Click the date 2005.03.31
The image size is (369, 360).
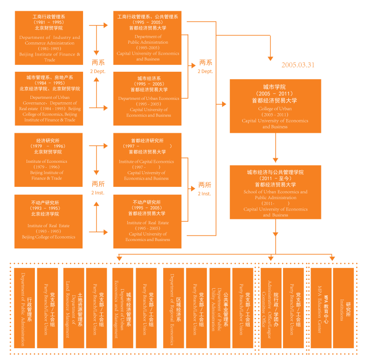[298, 64]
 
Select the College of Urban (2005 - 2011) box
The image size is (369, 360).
[275, 106]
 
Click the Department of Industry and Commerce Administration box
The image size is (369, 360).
[49, 38]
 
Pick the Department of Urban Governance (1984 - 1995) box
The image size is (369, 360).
[49, 98]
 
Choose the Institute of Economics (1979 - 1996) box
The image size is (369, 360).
[49, 160]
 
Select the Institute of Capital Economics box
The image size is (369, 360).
[147, 160]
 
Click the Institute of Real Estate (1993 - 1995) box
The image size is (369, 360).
[49, 221]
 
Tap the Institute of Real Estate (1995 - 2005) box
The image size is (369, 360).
[147, 221]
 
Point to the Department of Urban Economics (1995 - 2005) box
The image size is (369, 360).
[147, 98]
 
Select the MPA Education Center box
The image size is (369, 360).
[321, 308]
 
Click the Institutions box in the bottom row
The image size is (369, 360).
[344, 308]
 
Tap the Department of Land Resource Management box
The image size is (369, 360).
[74, 308]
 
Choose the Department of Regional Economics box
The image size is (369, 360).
[173, 308]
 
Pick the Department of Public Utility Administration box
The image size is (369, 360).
[220, 308]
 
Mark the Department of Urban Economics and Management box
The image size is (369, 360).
[123, 308]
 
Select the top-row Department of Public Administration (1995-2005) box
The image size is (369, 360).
[147, 38]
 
